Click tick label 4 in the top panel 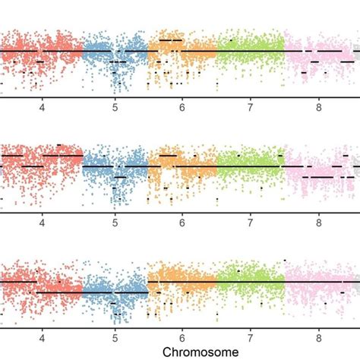[42, 107]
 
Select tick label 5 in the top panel [115, 107]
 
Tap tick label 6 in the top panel [182, 107]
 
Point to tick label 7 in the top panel [250, 107]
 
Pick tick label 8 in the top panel [319, 107]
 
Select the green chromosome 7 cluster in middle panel [250, 167]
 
